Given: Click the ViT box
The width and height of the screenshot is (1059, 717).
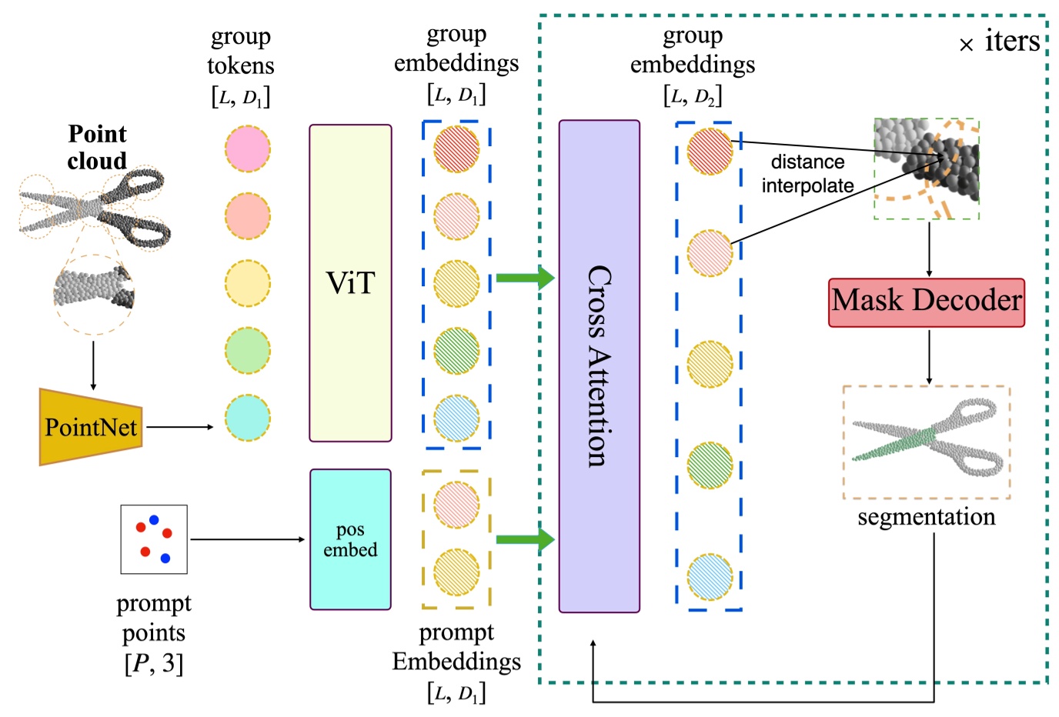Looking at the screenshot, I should coord(350,283).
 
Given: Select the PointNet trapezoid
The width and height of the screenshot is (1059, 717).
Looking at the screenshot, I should coord(91,427).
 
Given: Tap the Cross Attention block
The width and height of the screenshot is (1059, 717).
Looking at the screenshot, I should coord(599,366).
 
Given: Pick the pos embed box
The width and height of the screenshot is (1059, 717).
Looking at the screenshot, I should coord(350,539).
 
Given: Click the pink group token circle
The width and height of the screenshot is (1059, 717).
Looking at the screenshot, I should coord(247,149).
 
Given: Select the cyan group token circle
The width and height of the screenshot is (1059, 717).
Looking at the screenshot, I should coord(247,419).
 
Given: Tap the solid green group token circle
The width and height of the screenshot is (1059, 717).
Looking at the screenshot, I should coord(247,351).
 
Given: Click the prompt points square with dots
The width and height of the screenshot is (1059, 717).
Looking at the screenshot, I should coord(154,539).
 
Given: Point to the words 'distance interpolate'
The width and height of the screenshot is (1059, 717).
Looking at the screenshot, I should coord(807,174).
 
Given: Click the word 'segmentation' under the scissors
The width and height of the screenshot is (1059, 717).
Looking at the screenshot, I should coord(926,517).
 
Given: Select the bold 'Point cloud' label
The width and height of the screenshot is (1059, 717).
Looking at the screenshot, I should coord(97,147).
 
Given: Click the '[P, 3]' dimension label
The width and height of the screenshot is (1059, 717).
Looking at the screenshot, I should coord(154,663).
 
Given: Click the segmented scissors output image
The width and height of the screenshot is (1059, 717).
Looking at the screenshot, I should coord(926,442).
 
